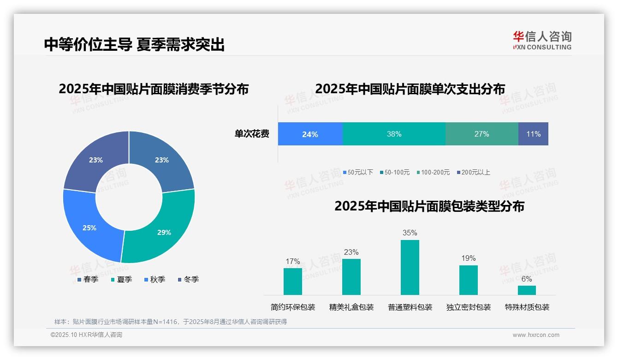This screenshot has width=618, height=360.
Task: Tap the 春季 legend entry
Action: coord(87,279)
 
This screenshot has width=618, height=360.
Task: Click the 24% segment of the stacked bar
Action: coord(310,134)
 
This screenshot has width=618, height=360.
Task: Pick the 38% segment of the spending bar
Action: coord(394,134)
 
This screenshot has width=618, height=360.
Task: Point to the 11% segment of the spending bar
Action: coord(533,134)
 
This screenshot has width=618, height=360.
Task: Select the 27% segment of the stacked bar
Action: coord(481,134)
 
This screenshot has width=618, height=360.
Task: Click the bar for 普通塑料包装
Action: coord(410,267)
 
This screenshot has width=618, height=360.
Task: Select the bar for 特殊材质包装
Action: coord(527,290)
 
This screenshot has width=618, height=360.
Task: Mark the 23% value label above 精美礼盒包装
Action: coord(351,252)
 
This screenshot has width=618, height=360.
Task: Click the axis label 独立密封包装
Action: coord(469,307)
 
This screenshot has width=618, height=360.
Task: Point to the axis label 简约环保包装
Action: coord(293,307)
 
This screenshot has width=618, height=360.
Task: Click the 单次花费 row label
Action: coord(252,134)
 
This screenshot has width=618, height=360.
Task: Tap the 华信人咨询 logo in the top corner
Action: coord(542,40)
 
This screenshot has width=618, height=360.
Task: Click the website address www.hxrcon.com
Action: coord(536,335)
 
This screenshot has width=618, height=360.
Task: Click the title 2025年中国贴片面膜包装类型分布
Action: coord(429,206)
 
